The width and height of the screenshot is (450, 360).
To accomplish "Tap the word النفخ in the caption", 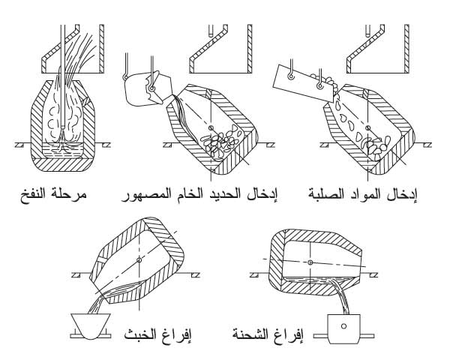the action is pos(34,195).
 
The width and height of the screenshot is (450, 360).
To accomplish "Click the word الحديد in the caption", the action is pos(220,195).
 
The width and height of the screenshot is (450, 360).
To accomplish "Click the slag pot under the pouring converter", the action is pos(91,326).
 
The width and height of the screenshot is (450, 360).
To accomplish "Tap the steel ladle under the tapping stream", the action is pos(343,328).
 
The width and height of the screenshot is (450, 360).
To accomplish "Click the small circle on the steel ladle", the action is pos(343,325).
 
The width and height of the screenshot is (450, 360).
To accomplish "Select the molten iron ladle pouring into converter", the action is pos(148,89).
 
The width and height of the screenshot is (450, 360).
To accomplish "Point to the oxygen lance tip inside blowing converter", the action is pos(62,127).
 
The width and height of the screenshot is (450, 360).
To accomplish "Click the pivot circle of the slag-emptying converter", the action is pos(139,260).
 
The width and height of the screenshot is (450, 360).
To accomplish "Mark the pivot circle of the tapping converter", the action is pos(310,262).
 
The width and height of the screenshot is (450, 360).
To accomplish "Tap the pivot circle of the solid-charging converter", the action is pos(368,127).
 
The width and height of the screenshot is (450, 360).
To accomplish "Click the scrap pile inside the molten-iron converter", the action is pos(220,141).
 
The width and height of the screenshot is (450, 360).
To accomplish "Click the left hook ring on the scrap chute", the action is pos(291,76).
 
